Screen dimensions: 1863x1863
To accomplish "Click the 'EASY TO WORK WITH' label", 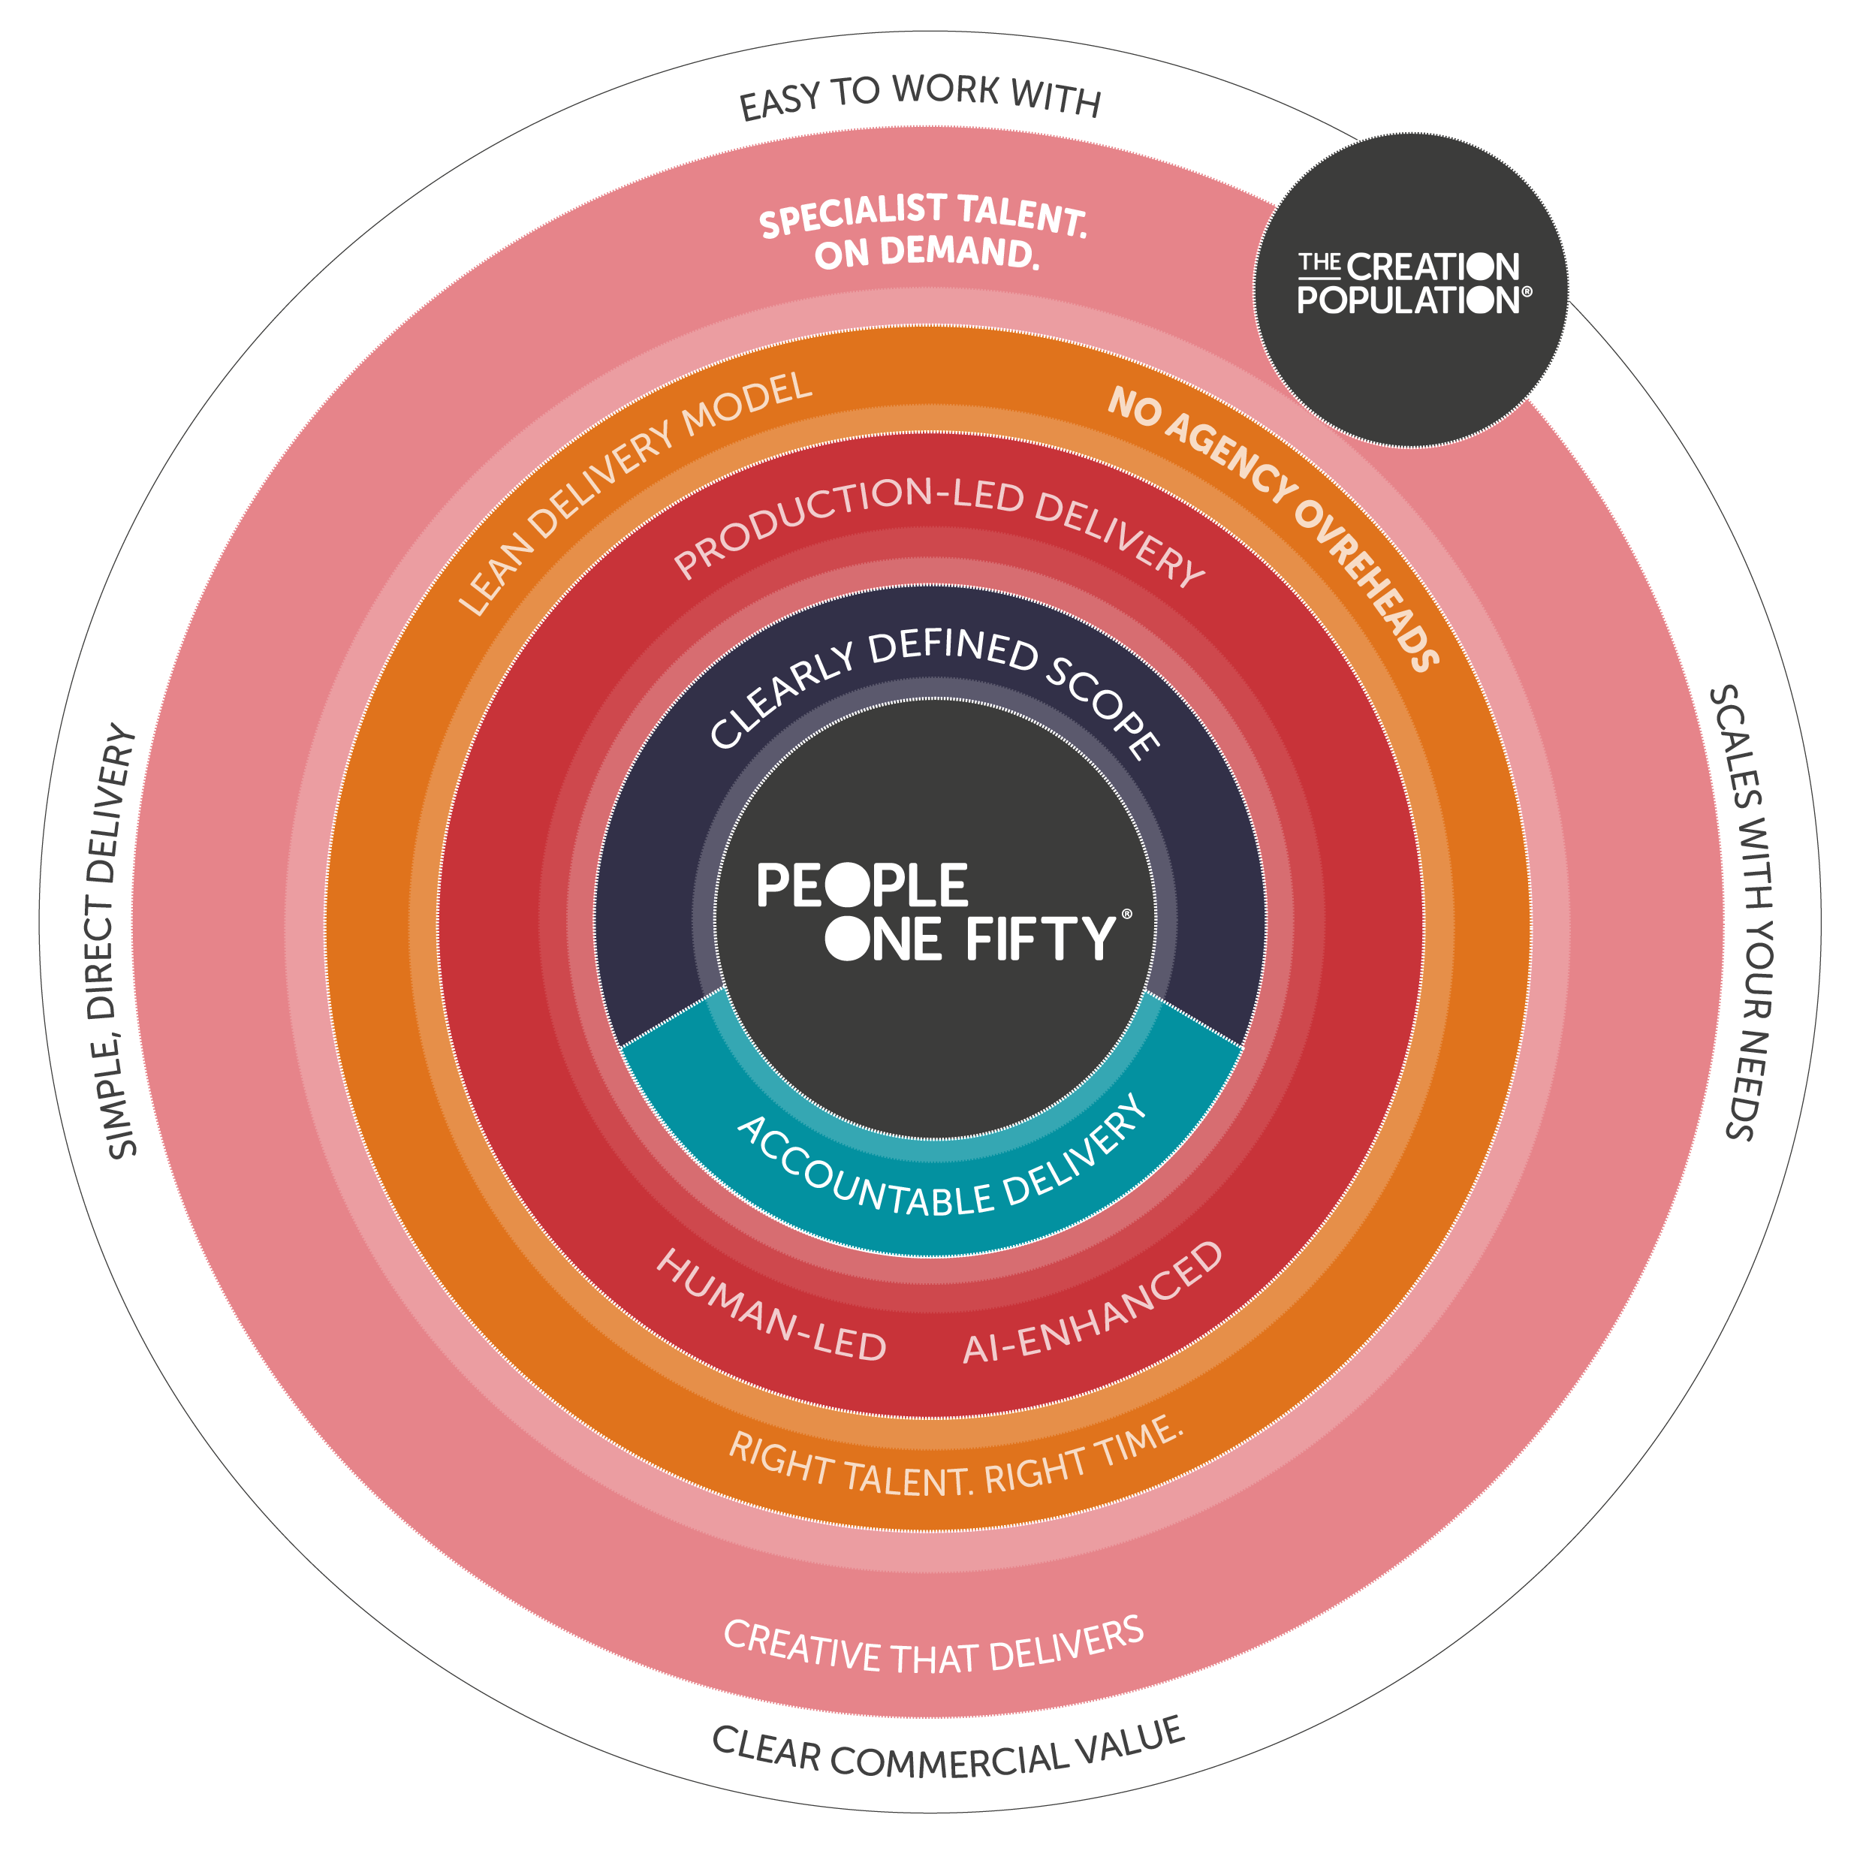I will (x=920, y=96).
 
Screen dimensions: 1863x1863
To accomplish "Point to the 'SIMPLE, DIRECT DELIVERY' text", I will (x=114, y=939).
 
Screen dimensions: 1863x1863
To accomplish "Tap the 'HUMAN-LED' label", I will (x=771, y=1306).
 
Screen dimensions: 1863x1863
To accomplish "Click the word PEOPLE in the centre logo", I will (x=862, y=885).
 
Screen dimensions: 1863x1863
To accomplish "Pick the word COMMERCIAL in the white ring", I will (x=949, y=1761).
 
